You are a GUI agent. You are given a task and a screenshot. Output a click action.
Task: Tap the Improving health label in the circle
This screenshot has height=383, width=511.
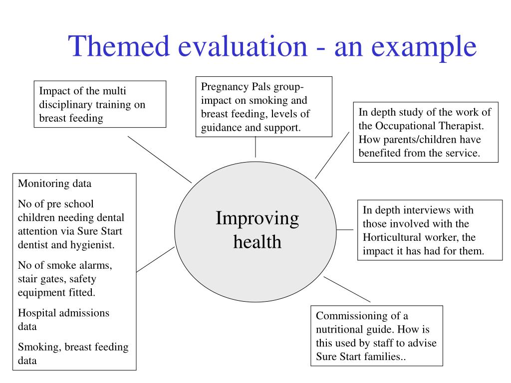click(x=257, y=230)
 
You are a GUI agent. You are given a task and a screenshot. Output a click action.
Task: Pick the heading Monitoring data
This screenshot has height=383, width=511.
click(x=55, y=184)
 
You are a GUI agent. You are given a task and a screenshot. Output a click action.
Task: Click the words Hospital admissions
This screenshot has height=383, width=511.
click(x=63, y=313)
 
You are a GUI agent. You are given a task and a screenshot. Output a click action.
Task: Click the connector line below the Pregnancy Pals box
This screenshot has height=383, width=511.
click(x=255, y=147)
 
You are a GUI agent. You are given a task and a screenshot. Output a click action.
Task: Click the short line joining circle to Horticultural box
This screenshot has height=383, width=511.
click(x=345, y=230)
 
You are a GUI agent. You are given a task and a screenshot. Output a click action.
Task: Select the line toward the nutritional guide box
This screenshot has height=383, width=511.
click(x=347, y=289)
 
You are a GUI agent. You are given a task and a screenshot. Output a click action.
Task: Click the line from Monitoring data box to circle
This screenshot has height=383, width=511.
click(x=155, y=259)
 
